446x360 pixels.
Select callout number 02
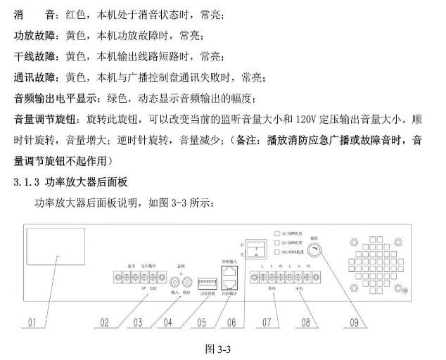click(103, 323)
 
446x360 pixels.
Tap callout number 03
click(139, 323)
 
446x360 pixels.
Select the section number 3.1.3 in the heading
click(27, 183)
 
